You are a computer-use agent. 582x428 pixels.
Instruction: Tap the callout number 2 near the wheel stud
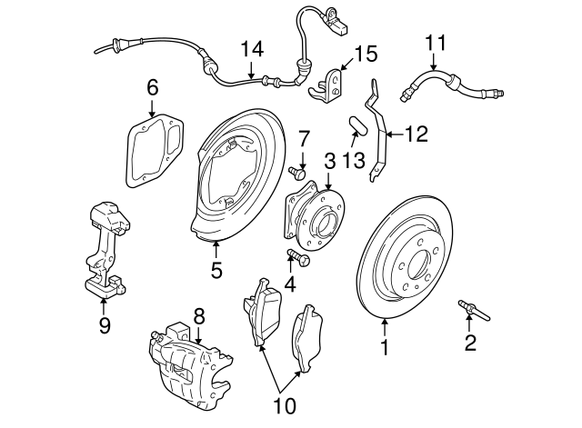[470, 343]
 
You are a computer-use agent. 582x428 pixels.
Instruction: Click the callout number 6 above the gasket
[152, 87]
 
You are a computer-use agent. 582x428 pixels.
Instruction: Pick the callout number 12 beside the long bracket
[415, 134]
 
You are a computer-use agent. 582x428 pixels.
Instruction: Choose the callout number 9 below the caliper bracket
[105, 324]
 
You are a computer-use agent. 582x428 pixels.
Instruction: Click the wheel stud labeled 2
[474, 311]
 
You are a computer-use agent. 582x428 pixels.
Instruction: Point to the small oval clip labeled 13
[356, 124]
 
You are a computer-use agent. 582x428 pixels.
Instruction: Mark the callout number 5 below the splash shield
[216, 270]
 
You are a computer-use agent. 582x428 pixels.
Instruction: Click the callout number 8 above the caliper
[198, 315]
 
